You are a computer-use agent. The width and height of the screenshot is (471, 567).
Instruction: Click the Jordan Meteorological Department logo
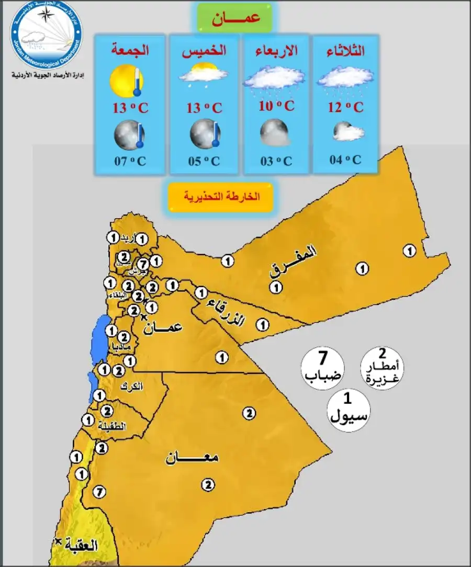pos(46,36)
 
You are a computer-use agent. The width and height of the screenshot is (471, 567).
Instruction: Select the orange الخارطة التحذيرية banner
pos(221,197)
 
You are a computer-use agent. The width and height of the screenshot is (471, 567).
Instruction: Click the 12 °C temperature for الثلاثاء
pos(345,108)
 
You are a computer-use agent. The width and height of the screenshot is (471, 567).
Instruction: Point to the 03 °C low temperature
pos(276,161)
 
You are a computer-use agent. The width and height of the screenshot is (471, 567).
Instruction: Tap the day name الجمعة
pos(130,51)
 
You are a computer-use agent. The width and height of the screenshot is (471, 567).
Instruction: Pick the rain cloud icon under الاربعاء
pos(270,80)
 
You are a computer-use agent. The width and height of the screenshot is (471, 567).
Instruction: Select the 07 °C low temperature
pos(130,161)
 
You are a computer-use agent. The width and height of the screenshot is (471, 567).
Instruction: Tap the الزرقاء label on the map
pos(226,312)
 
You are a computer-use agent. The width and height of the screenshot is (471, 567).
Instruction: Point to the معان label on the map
pos(192,458)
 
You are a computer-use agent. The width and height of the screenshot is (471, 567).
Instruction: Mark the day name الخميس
pos(204,51)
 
